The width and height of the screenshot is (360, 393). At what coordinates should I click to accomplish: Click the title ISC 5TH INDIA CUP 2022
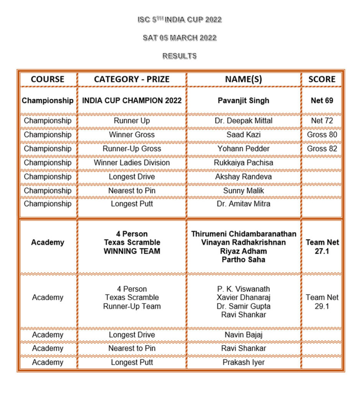point(179,20)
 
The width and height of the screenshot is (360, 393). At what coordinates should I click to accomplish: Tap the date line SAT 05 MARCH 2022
point(179,38)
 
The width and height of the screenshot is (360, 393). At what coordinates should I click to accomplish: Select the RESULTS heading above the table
point(179,56)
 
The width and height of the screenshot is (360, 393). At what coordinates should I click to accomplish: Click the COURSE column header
point(48,79)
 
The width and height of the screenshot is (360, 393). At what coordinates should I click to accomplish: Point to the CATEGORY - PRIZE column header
point(132,79)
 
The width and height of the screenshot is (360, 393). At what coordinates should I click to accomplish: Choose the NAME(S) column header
point(243,79)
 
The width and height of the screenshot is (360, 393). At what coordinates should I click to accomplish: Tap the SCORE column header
point(322,79)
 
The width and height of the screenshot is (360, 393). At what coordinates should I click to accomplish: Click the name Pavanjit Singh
point(243,101)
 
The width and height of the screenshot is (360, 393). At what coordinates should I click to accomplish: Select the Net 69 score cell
point(322,101)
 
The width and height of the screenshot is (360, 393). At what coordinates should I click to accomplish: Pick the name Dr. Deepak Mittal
point(243,121)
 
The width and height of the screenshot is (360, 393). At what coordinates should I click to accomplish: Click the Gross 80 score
point(322,135)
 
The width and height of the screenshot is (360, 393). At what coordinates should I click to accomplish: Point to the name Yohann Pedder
point(243,149)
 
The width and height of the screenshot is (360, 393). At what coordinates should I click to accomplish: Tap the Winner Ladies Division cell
point(132,163)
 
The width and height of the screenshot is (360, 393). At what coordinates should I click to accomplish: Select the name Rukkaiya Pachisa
point(243,163)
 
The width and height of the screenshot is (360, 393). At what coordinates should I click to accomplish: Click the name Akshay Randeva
point(243,177)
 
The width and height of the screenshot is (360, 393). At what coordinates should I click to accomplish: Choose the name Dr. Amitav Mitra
point(243,204)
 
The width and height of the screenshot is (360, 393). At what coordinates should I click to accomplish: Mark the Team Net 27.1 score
point(322,247)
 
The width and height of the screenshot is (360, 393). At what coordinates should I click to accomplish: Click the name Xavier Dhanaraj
point(243,297)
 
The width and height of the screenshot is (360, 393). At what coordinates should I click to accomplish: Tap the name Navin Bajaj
point(243,335)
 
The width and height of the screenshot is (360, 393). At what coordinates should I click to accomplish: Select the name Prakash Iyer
point(243,362)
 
